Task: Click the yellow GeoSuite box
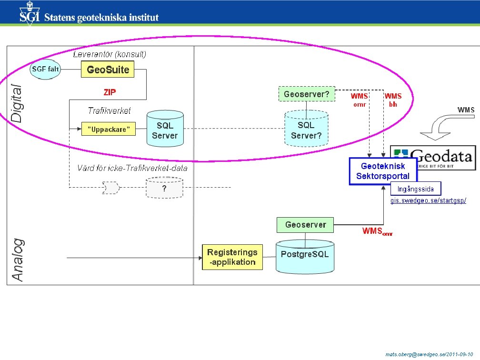108,70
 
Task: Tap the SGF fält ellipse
45,70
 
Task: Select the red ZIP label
110,92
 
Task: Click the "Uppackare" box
109,129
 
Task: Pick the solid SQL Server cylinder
165,130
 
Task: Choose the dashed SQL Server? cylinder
306,130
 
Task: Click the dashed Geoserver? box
306,94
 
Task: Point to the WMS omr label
360,100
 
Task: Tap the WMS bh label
393,100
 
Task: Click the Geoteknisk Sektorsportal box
383,171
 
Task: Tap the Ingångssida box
416,189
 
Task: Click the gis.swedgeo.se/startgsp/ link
428,201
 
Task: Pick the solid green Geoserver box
305,224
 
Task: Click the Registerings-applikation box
232,257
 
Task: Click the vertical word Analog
17,260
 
